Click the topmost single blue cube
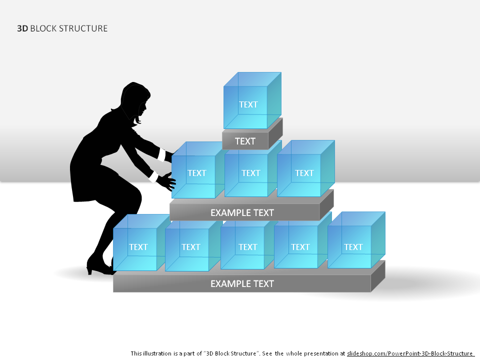tap(252, 100)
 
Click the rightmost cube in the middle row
tap(306, 168)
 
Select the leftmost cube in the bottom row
tap(141, 242)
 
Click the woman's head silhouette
tap(135, 100)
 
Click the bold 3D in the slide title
tap(22, 28)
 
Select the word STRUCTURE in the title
tap(83, 28)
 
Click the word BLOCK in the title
tap(43, 28)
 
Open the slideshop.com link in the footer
tap(409, 353)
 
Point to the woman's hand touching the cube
tap(167, 180)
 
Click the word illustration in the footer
tap(157, 353)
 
